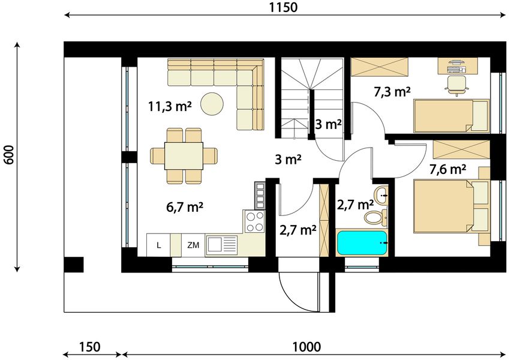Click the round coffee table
point(212,104)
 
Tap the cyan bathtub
point(362,243)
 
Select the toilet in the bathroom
point(375,217)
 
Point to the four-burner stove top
point(254,221)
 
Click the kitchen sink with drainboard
point(221,245)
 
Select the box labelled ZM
point(193,245)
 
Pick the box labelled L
point(158,245)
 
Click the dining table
point(184,155)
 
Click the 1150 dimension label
point(283,7)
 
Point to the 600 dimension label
point(9,155)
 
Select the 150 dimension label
point(89,347)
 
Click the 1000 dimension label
point(306,347)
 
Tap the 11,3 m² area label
point(170,106)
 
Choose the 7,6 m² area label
point(447,169)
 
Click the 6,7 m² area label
point(185,207)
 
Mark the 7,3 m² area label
point(392,92)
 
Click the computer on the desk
point(455,66)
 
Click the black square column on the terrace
point(74,265)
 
